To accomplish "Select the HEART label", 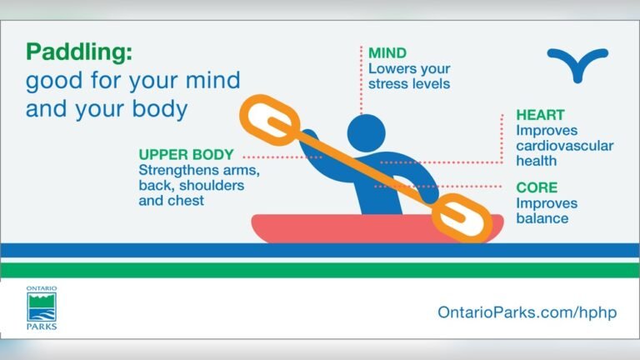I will tap(539, 115).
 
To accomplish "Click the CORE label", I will tap(536, 188).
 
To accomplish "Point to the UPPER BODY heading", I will tap(186, 155).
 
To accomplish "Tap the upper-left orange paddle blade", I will tap(268, 122).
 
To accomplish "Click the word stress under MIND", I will tap(389, 83).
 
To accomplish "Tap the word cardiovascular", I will tap(564, 146).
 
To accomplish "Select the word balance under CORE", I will tap(542, 218).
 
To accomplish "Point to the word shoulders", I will tap(215, 186).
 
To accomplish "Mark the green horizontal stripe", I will tap(320, 270).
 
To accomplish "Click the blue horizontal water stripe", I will tap(320, 250).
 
